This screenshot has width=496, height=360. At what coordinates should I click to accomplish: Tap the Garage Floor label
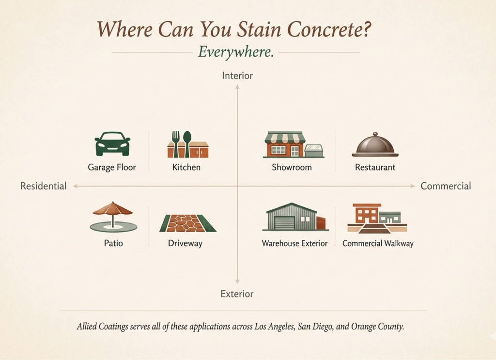coord(112,167)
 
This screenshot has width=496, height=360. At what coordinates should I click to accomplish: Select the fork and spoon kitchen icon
coord(187,144)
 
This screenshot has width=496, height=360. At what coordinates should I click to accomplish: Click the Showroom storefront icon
coord(294,144)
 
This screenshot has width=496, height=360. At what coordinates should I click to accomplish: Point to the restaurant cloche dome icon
coord(375,144)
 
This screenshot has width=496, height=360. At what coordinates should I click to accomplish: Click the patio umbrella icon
coord(113,217)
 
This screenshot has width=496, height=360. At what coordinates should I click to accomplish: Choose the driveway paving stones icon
coord(188,223)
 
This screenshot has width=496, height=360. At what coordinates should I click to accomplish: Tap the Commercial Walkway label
coord(378,243)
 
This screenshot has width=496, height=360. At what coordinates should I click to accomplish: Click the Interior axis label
coord(237,76)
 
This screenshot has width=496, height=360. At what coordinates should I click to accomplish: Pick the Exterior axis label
coord(237,294)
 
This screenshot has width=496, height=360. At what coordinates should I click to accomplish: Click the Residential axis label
coord(43,186)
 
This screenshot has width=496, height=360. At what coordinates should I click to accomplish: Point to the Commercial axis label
coord(446,186)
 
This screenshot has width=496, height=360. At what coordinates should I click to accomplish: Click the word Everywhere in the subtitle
coord(236,52)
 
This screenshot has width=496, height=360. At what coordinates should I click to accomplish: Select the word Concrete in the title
coord(329,30)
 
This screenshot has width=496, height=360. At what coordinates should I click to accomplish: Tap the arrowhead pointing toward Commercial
coord(413,186)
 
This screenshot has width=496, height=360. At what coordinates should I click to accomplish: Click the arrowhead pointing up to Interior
coord(237,87)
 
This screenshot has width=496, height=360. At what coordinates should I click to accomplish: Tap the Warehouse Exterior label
coord(294,243)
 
